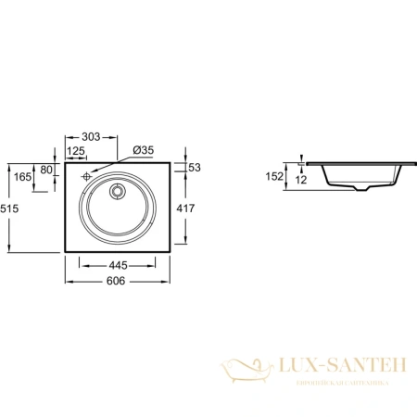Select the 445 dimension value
click(118, 265)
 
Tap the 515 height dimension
click(10, 209)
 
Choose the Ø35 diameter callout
click(143, 150)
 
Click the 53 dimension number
click(195, 168)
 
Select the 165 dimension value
click(21, 175)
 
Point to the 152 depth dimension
click(273, 174)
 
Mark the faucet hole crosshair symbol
click(84, 175)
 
